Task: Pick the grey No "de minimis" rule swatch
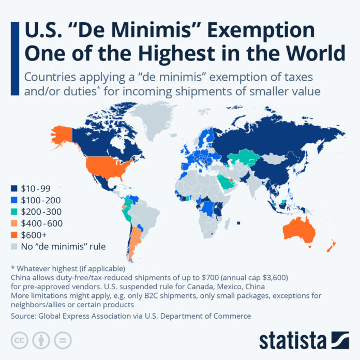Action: point(13,246)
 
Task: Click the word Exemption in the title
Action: point(271,31)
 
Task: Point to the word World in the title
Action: point(314,54)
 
